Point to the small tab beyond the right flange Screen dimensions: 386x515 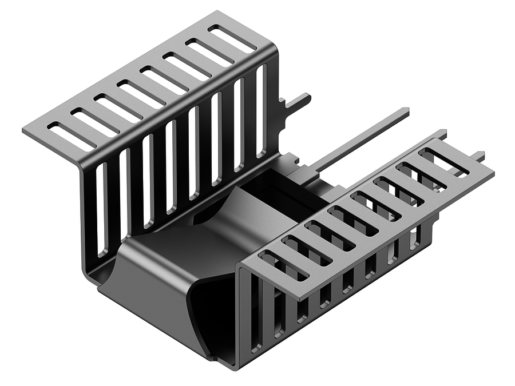coord(477,156)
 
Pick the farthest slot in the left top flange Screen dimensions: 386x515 coord(232,38)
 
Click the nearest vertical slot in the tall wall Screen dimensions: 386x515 coord(102,209)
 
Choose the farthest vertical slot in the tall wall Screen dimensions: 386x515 coord(261,111)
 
